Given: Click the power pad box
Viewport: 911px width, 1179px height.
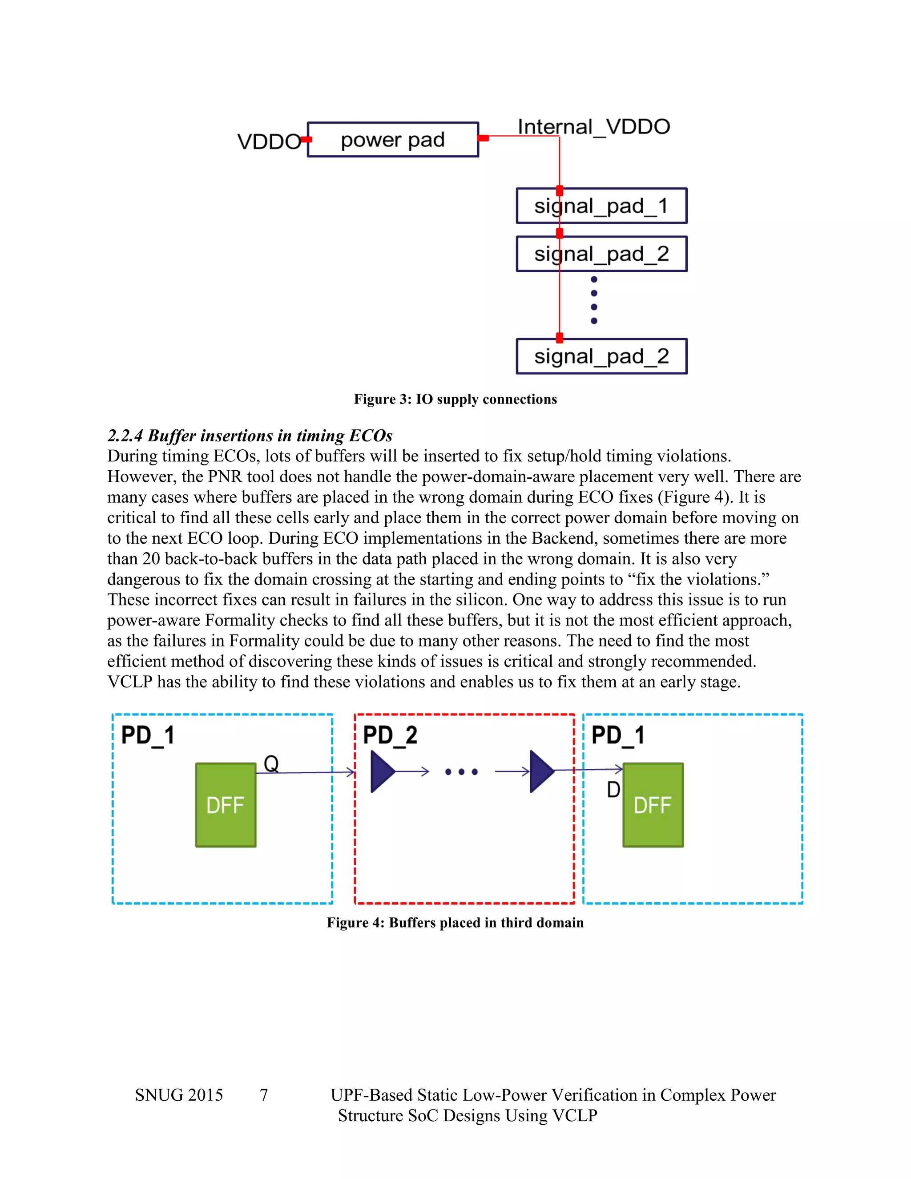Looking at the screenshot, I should [x=392, y=140].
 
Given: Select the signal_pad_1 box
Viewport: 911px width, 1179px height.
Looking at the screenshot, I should [x=601, y=206].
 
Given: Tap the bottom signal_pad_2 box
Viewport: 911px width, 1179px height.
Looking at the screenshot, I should [x=601, y=356].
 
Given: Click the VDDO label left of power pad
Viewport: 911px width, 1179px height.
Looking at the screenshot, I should [x=268, y=142].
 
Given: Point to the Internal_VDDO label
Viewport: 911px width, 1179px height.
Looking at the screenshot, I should [x=594, y=127].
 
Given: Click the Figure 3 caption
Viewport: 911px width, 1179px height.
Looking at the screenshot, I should [x=455, y=399].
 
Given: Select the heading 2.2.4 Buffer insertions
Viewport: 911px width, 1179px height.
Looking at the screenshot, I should [x=250, y=435].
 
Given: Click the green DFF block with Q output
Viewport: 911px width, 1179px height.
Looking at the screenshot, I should [x=226, y=804].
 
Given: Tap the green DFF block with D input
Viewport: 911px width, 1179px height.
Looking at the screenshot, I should [x=653, y=804].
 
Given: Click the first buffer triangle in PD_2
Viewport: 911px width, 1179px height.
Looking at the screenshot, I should [x=382, y=771].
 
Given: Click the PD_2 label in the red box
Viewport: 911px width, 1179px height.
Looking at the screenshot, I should [x=390, y=735].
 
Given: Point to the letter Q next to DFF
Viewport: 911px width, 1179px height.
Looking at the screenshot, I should [x=271, y=763].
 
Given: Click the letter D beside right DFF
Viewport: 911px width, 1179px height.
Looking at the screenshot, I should [x=613, y=790].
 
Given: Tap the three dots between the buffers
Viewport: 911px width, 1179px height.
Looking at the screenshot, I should [x=461, y=772].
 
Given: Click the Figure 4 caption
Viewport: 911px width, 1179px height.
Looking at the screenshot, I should [x=455, y=923].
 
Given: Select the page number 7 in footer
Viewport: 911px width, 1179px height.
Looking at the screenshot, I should [x=264, y=1095].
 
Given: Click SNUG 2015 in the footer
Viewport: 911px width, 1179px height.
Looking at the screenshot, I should [x=179, y=1095].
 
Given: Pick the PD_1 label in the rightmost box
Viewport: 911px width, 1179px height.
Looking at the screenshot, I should [x=618, y=735].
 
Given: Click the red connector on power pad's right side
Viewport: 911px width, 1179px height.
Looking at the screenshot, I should [x=484, y=138].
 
